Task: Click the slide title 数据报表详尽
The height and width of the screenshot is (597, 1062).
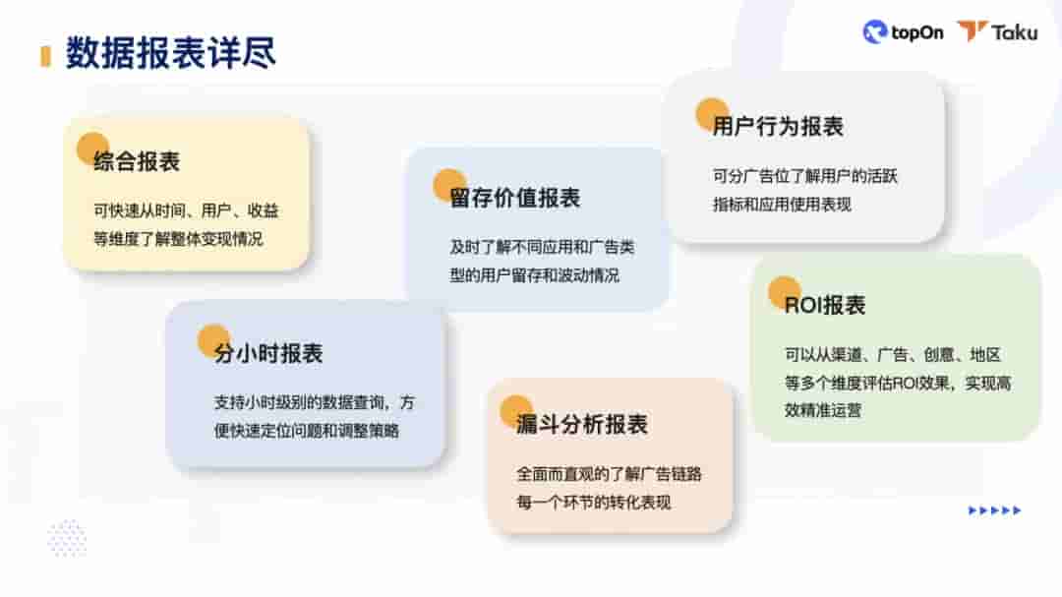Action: (170, 53)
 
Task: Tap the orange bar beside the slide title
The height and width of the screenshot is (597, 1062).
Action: (45, 55)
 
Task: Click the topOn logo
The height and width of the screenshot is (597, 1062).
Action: (903, 32)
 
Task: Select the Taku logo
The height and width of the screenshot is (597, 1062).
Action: (997, 32)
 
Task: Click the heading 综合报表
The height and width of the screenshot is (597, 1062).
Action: (137, 162)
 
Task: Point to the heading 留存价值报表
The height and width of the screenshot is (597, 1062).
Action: (515, 198)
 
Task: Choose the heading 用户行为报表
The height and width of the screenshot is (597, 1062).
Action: (778, 127)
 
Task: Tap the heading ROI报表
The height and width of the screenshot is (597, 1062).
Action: (825, 305)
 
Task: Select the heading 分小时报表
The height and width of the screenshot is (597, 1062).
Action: (268, 353)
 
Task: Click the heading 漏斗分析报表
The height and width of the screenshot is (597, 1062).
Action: (582, 425)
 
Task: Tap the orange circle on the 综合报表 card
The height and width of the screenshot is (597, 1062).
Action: (93, 149)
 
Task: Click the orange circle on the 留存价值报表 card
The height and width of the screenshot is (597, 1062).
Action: (450, 184)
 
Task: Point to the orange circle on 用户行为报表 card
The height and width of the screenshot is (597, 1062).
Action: (712, 113)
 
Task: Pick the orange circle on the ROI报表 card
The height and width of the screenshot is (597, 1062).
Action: (785, 292)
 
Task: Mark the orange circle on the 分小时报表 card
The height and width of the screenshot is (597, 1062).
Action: (213, 340)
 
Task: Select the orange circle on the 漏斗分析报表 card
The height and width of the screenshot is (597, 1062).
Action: (516, 411)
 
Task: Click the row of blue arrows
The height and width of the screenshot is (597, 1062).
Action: (994, 510)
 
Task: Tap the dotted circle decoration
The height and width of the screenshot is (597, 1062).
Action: (67, 538)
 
